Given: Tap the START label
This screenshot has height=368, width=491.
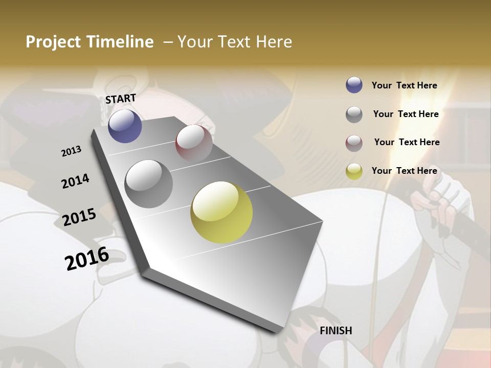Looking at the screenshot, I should tap(121, 99).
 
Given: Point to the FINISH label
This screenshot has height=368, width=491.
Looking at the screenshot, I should tap(336, 331).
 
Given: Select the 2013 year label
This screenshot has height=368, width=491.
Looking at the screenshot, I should tap(72, 151).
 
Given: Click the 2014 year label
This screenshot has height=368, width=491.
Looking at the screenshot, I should tap(75, 181).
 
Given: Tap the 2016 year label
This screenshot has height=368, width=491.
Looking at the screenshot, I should tap(87, 259).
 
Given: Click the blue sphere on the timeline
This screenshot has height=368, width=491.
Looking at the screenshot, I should tap(125, 126).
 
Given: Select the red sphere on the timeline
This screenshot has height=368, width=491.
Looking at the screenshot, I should tap(194, 143).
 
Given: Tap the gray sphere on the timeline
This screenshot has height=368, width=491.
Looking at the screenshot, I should tap(149, 184).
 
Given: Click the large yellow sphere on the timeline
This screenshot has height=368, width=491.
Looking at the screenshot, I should tap(221, 212).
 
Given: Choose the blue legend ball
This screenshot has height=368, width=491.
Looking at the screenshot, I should tap(354, 85).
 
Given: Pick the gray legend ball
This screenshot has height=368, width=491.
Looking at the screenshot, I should tap(354, 114).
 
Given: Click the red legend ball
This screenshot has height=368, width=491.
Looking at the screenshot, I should tap(354, 143).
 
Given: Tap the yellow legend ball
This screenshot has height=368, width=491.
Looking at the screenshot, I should tap(354, 171).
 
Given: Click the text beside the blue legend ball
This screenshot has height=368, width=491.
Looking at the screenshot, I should tap(405, 86).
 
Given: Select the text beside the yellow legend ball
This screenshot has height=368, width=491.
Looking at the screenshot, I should tap(405, 171).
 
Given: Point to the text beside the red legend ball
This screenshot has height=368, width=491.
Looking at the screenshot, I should tap(407, 142).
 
